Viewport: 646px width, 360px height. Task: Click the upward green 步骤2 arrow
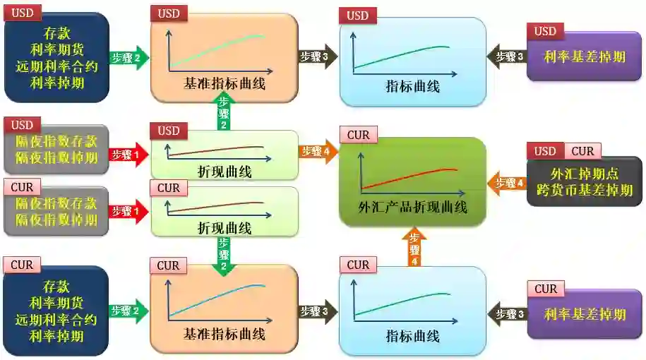click(224, 113)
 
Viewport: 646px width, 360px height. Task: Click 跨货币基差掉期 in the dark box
click(583, 191)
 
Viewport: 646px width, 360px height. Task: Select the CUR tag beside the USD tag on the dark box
click(582, 151)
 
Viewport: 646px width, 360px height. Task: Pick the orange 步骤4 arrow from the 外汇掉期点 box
click(506, 183)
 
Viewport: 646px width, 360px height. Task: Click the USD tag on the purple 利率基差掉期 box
click(545, 31)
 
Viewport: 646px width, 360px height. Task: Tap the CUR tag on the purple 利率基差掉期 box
click(546, 289)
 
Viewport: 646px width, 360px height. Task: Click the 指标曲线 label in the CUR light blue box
click(412, 336)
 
